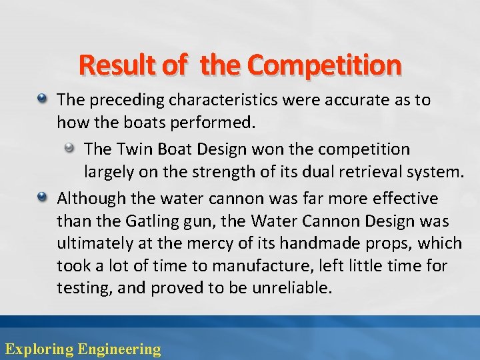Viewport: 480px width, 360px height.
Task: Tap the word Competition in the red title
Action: pyautogui.click(x=324, y=65)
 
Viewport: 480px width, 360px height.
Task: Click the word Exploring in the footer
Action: pyautogui.click(x=39, y=348)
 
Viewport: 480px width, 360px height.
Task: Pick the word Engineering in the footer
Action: pyautogui.click(x=119, y=348)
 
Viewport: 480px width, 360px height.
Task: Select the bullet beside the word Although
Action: pyautogui.click(x=41, y=198)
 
